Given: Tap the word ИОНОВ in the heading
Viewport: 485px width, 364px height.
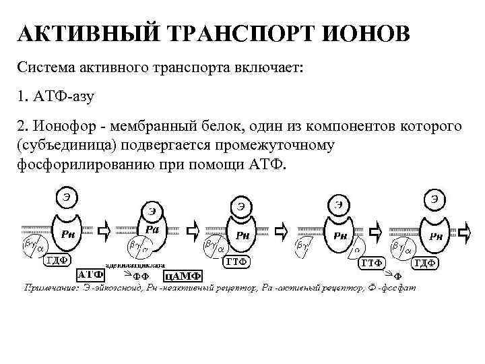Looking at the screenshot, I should click(x=366, y=33).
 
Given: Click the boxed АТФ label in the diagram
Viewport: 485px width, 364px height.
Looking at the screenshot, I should click(x=90, y=275).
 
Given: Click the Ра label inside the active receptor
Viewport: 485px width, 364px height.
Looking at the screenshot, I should click(x=153, y=230).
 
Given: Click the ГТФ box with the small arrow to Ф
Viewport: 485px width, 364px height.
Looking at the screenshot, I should click(x=371, y=263).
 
